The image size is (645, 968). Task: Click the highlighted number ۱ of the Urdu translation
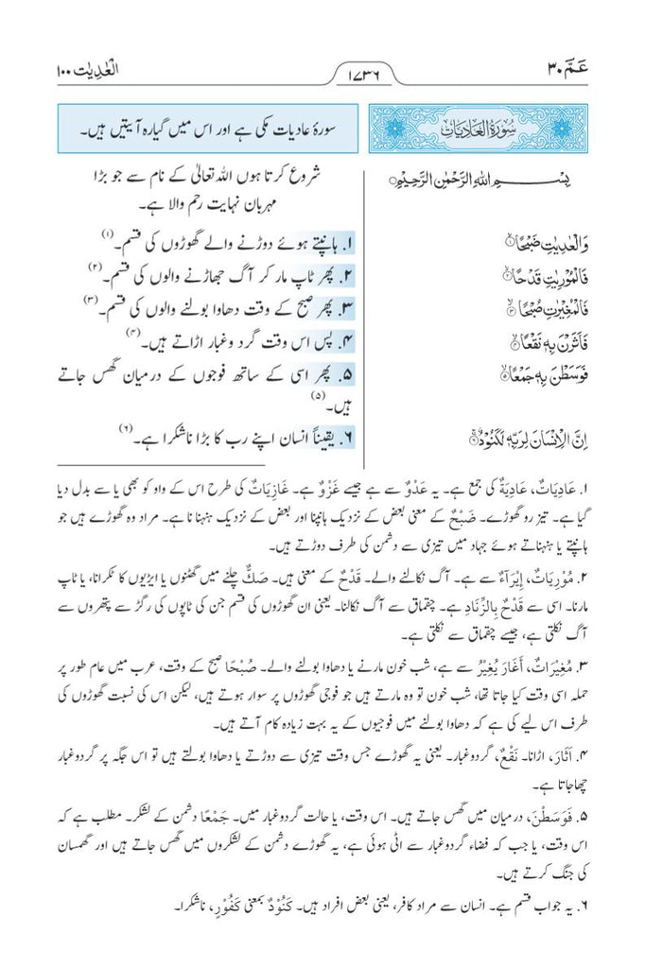(x=347, y=243)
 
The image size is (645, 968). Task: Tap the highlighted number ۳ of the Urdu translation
(x=347, y=308)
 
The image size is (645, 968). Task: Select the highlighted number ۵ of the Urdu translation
(x=347, y=373)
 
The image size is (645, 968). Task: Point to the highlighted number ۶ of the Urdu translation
(x=347, y=439)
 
